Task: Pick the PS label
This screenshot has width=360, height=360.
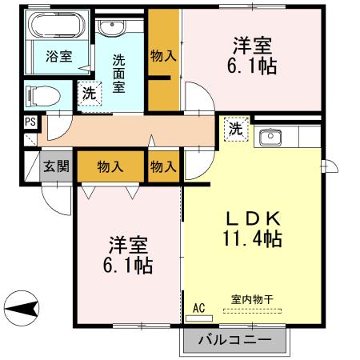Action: [30, 122]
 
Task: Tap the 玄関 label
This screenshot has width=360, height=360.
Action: [56, 167]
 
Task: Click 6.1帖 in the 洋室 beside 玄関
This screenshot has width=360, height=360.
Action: [127, 264]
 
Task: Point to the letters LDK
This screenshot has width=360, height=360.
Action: [250, 217]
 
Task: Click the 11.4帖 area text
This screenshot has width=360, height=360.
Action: [251, 238]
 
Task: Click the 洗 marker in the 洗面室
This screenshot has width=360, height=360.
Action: [90, 93]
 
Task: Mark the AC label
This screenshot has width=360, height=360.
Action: [198, 306]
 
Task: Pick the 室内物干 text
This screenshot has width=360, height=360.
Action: [252, 300]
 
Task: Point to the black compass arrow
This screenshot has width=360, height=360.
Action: [23, 307]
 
